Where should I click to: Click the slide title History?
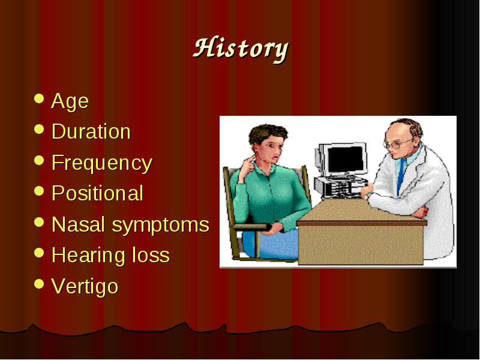tap(241, 49)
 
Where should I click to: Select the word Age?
tap(70, 101)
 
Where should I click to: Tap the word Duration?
tap(91, 131)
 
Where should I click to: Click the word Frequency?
tap(101, 163)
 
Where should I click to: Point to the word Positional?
tap(97, 193)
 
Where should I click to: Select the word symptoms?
tap(160, 226)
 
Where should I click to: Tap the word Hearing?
tap(88, 256)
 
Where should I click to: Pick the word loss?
tap(151, 256)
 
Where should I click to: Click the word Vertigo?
tap(85, 287)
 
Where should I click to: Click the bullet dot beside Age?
tap(39, 98)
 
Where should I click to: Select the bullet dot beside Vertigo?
tap(39, 283)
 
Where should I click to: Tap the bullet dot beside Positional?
tap(39, 191)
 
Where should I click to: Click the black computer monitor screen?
tap(346, 159)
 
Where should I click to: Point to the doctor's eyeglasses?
tap(397, 143)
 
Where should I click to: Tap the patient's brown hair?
tap(267, 134)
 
